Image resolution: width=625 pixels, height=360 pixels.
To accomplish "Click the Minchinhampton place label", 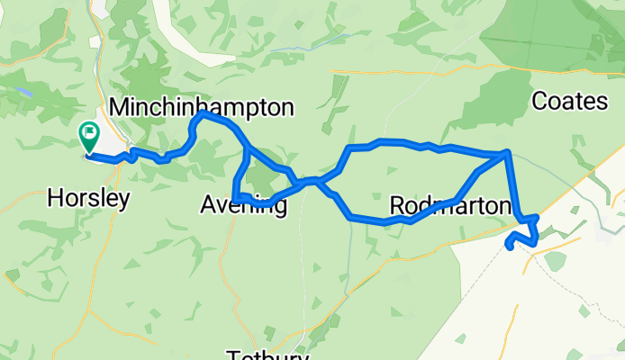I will point(201,107).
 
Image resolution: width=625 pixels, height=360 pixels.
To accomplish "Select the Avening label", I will point(243,206).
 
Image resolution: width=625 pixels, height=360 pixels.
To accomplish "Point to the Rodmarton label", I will point(450,206).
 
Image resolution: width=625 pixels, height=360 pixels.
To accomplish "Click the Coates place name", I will point(569,101).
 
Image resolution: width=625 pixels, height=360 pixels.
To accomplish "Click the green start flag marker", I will point(89,138).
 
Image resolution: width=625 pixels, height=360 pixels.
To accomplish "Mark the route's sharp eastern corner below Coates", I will point(509,153).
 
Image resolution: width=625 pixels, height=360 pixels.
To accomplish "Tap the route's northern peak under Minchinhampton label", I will point(203,114).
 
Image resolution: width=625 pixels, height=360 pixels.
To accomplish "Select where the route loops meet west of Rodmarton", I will point(315,181).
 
